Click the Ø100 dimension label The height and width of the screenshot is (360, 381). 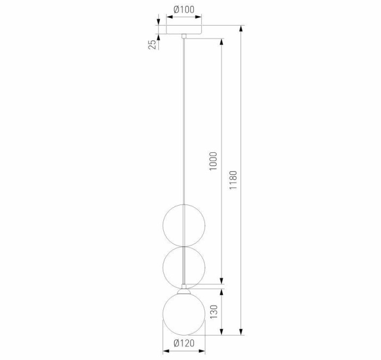pyautogui.click(x=183, y=9)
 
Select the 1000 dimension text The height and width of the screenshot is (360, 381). pyautogui.click(x=213, y=161)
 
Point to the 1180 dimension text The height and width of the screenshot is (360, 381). pyautogui.click(x=234, y=179)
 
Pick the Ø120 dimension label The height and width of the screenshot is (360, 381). pyautogui.click(x=184, y=343)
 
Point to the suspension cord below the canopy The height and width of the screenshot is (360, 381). pyautogui.click(x=184, y=120)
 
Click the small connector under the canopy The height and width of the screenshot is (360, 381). pyautogui.click(x=184, y=36)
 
